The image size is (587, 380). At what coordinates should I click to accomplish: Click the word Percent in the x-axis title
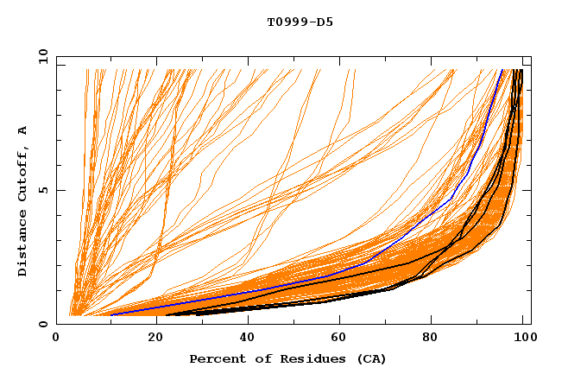214,358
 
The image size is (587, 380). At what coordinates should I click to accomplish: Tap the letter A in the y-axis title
22,130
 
